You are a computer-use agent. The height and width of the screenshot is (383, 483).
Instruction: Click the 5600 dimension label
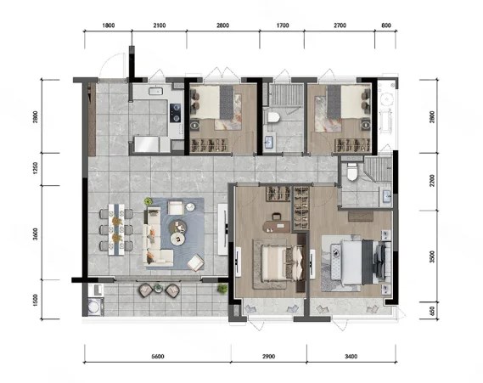158,357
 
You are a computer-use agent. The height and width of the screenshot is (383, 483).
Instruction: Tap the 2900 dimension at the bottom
268,357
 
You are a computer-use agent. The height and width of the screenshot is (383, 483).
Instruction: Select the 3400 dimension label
351,357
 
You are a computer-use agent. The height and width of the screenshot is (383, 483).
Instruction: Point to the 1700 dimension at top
283,25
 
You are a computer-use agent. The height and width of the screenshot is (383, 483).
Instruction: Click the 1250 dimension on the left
35,169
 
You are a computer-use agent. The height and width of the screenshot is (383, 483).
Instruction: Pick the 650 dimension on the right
432,311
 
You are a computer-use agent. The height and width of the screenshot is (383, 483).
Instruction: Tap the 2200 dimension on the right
432,181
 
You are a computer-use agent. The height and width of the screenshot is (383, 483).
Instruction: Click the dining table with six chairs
116,229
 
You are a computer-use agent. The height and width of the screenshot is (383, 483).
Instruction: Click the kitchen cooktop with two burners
175,113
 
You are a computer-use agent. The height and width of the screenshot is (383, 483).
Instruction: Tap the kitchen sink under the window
155,91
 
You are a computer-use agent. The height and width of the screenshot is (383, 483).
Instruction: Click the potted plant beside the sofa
149,201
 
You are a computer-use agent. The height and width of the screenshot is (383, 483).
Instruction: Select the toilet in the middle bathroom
273,117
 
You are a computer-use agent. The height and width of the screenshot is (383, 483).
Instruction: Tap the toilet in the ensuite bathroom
351,172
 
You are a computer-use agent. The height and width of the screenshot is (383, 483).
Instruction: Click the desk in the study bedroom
277,226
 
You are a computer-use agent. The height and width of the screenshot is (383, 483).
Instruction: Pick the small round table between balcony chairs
158,288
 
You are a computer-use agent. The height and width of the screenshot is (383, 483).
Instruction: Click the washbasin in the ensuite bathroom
386,195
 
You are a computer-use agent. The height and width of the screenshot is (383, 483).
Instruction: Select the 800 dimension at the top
386,25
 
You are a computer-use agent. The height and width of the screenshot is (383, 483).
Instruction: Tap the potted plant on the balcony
222,289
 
